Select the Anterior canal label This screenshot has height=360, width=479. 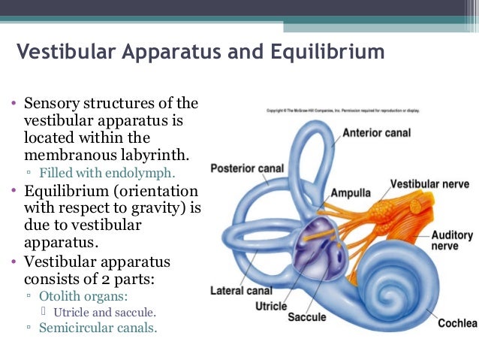pos(378,133)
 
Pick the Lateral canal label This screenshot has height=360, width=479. pos(240,291)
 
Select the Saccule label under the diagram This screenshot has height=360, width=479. pos(308,318)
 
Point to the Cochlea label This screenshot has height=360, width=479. pos(458,323)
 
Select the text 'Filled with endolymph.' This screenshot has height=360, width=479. pos(113,171)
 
